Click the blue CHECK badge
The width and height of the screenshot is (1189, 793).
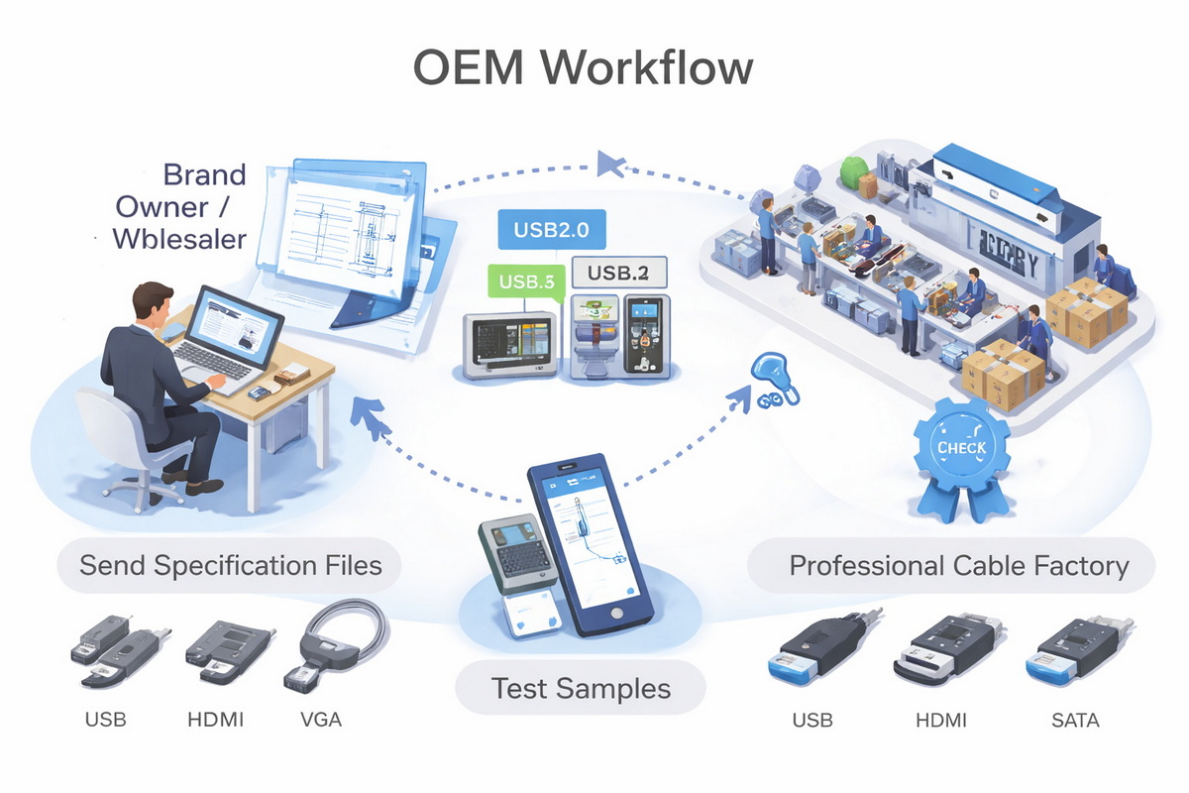[960, 448]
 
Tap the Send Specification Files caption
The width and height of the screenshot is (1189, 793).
[230, 566]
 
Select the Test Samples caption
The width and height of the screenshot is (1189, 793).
[581, 688]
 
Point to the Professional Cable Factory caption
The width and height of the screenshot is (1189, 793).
[958, 567]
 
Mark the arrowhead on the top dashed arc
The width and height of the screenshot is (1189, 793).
[610, 163]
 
